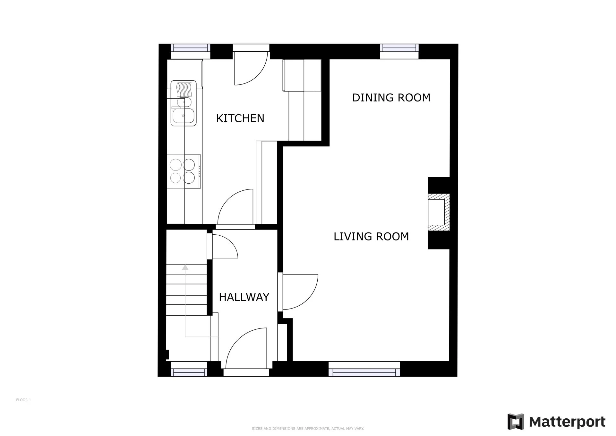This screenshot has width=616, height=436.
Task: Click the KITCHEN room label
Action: [240, 118]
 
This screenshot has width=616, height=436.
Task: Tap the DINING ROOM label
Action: [391, 98]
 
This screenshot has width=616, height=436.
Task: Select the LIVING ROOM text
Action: [371, 237]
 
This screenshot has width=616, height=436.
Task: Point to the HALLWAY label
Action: [244, 297]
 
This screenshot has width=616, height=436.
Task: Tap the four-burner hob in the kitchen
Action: [184, 171]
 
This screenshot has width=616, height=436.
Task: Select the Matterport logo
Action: [556, 422]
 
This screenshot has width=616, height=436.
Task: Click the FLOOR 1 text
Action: [23, 400]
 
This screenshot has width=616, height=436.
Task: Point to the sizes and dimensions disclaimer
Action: [308, 429]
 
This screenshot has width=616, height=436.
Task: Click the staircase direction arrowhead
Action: [185, 267]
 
